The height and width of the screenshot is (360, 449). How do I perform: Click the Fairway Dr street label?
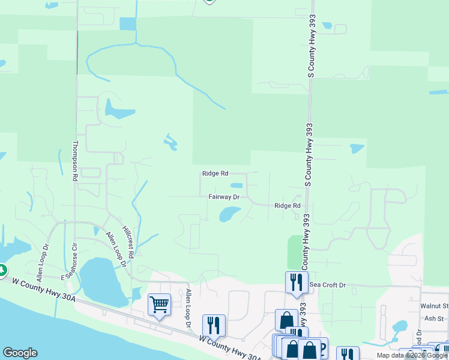[x=224, y=197]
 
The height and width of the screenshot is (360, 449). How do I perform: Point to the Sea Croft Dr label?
[x=328, y=285]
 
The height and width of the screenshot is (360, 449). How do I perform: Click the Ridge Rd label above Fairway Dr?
[x=215, y=173]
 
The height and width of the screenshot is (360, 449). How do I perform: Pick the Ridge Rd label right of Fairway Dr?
[x=287, y=206]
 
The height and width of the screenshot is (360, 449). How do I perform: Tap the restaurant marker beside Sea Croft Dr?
[x=297, y=281]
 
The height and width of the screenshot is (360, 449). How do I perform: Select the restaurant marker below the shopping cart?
[x=214, y=325]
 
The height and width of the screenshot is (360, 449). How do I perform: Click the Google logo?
[x=20, y=353]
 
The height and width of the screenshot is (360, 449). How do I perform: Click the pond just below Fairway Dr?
[x=229, y=214]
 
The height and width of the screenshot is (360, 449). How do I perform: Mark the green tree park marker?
[x=2, y=271]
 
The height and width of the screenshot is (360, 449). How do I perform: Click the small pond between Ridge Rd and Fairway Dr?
[x=237, y=185]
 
